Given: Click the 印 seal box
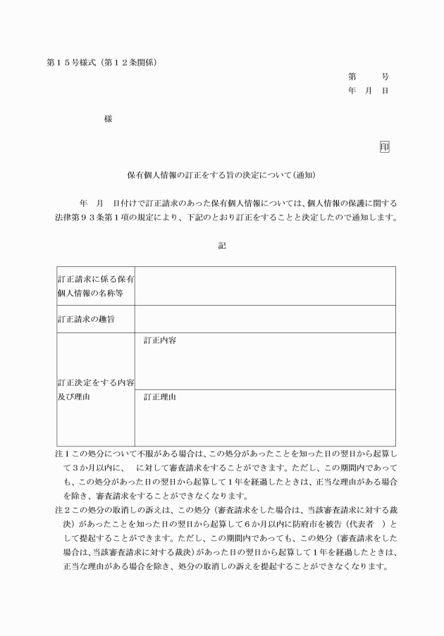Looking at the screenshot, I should pos(384,146).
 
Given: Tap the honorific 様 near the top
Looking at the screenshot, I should pos(108,119).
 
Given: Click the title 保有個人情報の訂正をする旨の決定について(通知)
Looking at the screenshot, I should pos(221,174).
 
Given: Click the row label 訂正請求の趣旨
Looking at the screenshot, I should pos(87,319).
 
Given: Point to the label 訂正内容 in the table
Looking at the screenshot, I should pos(160,340).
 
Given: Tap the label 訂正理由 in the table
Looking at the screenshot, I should pos(160,397).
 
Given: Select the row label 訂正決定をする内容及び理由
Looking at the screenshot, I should pos(96,389).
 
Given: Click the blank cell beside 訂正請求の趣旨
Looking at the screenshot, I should pos(264,319).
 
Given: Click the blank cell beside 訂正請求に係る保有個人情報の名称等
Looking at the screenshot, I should pos(264,286).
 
